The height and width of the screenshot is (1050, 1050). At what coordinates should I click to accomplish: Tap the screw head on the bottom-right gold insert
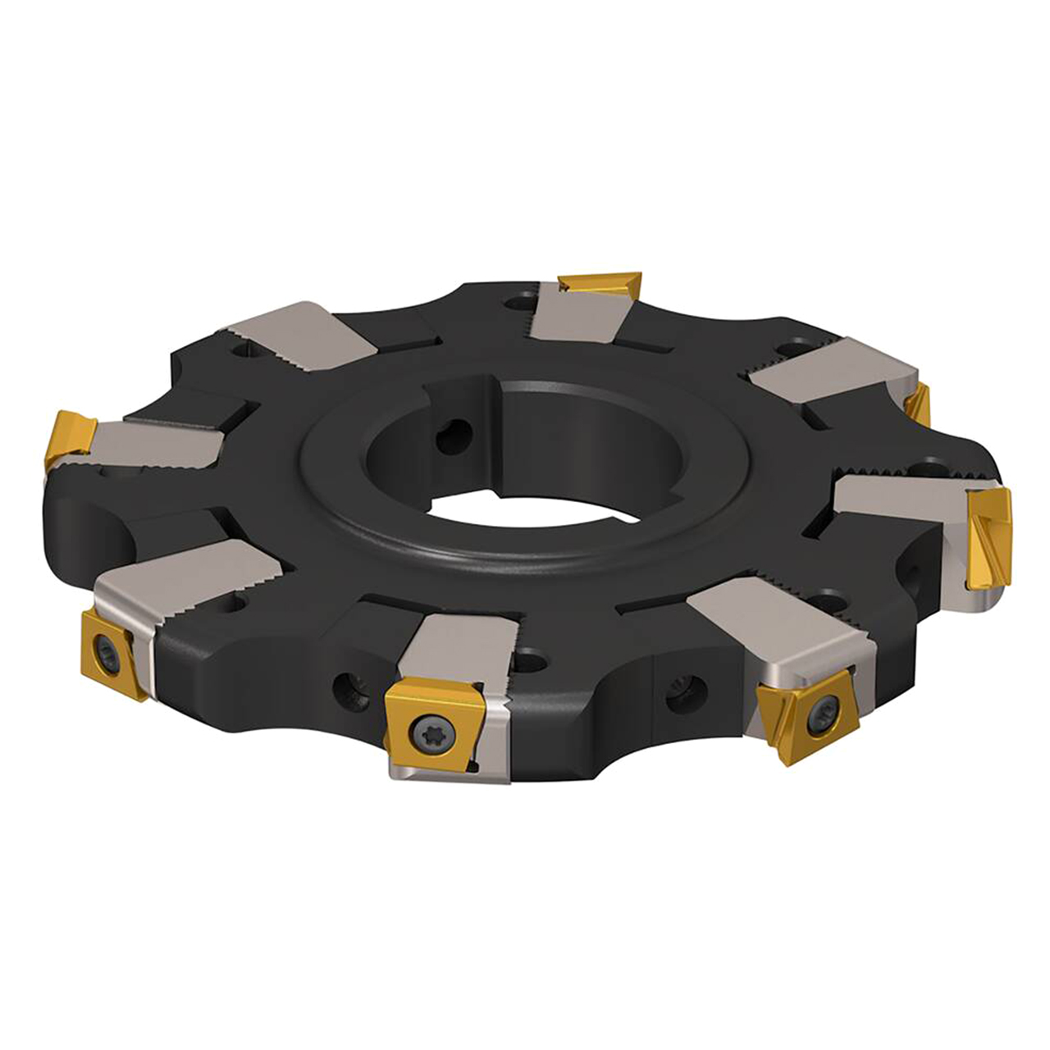pos(821,719)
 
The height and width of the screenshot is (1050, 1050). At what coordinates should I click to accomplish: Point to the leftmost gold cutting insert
pos(71,439)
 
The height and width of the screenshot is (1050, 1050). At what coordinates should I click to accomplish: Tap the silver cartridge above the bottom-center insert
pos(459,648)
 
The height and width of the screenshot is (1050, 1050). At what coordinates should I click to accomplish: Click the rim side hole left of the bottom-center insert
pos(348,684)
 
